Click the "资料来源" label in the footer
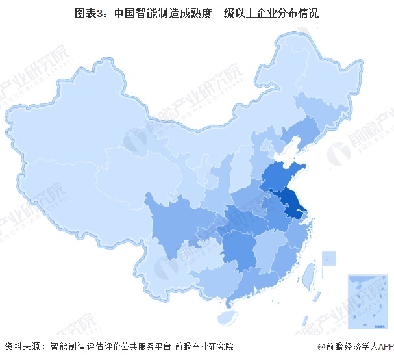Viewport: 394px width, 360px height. point(22,347)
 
